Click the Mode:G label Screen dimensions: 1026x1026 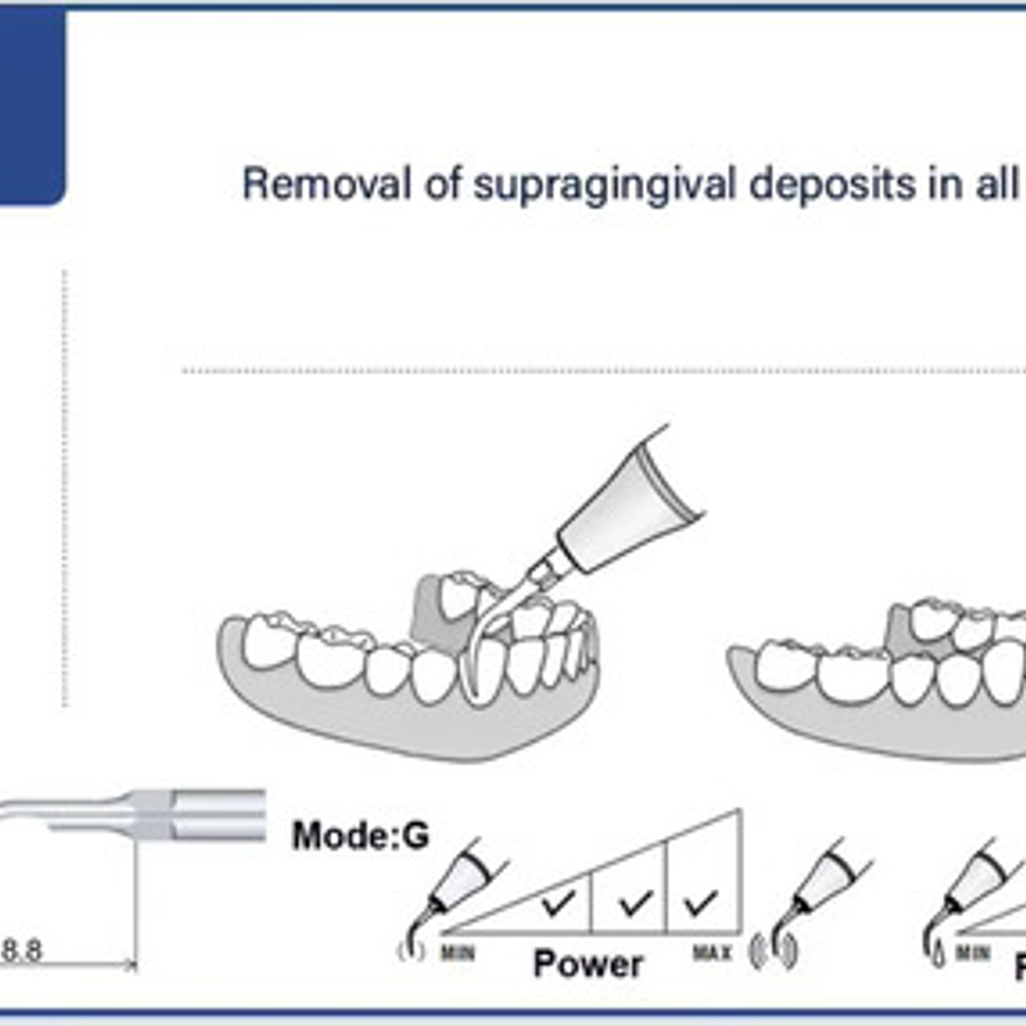click(x=360, y=835)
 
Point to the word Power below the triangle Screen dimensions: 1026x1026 click(x=588, y=964)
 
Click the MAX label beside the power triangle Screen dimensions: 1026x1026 click(x=712, y=951)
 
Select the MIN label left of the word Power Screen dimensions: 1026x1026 click(x=458, y=952)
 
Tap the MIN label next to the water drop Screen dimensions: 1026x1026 click(x=973, y=952)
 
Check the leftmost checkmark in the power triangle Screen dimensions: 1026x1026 click(x=559, y=903)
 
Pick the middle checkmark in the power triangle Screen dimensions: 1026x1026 click(x=635, y=902)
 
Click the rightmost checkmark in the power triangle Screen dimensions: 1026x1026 click(x=700, y=902)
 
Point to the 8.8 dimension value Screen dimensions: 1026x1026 click(x=22, y=950)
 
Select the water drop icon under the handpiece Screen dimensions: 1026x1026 click(x=938, y=955)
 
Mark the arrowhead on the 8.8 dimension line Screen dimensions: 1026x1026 click(x=131, y=966)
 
